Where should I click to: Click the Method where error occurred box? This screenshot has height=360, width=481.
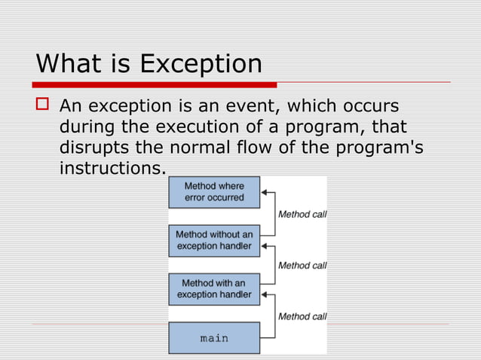pos(214,192)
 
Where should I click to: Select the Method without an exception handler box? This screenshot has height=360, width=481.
pos(214,240)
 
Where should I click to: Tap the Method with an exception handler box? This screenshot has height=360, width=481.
pos(214,288)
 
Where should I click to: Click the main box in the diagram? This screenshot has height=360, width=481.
pos(214,338)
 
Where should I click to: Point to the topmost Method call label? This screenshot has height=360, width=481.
pos(302,214)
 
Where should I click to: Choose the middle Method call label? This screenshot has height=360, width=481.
pos(302,265)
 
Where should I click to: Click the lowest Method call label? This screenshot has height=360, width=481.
pos(302,316)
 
